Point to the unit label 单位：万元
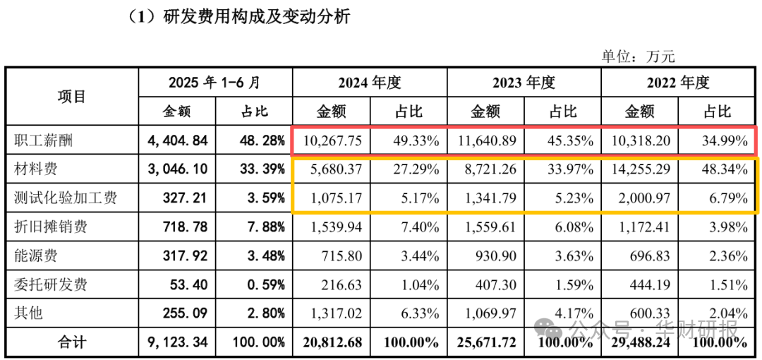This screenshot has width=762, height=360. [x=638, y=56]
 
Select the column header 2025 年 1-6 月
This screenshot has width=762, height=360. [x=214, y=83]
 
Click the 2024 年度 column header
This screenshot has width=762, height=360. [x=369, y=83]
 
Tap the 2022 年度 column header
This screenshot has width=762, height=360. [x=678, y=83]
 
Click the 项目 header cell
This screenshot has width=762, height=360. [x=72, y=97]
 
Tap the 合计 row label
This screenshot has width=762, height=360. [x=72, y=342]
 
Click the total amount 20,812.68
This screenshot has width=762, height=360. [x=330, y=342]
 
